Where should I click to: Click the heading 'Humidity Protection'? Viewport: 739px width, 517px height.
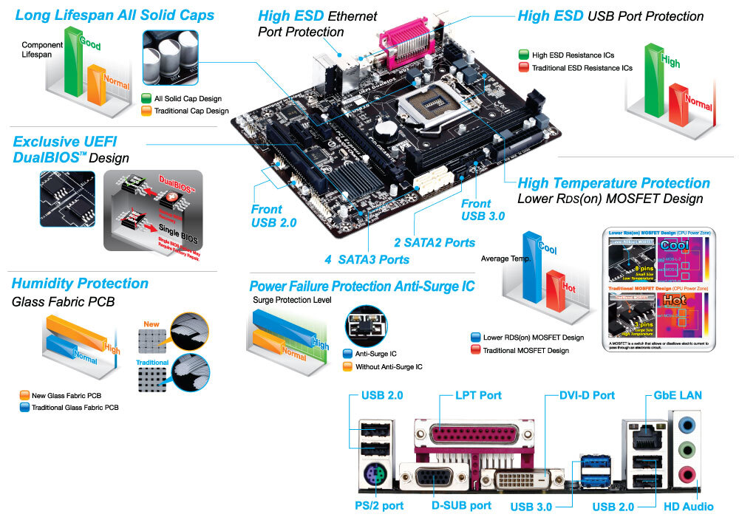tap(80, 284)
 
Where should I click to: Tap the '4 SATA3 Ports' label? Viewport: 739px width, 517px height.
tap(367, 259)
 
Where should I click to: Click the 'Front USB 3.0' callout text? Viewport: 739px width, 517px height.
tap(483, 210)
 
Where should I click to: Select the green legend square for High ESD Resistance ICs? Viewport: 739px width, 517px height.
tap(523, 55)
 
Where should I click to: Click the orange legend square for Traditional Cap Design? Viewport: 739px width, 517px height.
tap(146, 111)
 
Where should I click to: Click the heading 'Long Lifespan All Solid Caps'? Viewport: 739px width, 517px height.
tap(115, 15)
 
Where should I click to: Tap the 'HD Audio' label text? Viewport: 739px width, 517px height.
tap(688, 506)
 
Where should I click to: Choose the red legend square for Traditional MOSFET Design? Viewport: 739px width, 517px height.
tap(474, 350)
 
